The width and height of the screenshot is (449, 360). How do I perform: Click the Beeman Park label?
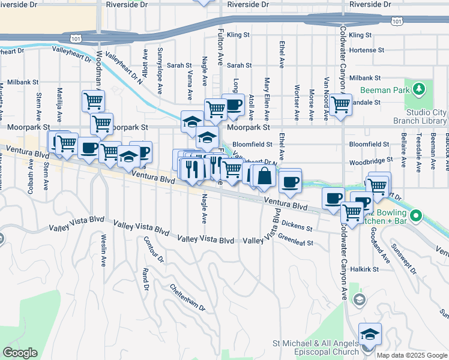point(385,91)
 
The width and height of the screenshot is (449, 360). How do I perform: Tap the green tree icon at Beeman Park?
point(419,91)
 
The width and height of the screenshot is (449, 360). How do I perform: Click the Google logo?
point(20,353)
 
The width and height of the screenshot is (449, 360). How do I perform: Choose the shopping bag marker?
point(264,176)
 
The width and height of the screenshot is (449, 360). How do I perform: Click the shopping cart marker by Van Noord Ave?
point(340,105)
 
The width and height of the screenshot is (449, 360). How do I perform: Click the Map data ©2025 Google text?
point(411,355)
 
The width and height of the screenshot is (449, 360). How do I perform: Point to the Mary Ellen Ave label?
point(267,97)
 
